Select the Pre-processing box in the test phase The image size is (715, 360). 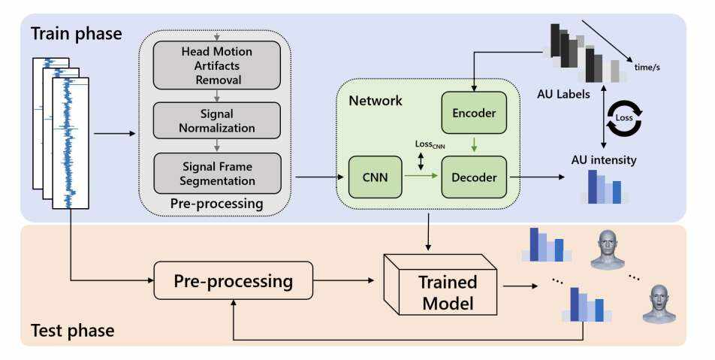click(234, 282)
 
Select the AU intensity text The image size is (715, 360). click(604, 159)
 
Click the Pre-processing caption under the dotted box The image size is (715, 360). click(217, 203)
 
